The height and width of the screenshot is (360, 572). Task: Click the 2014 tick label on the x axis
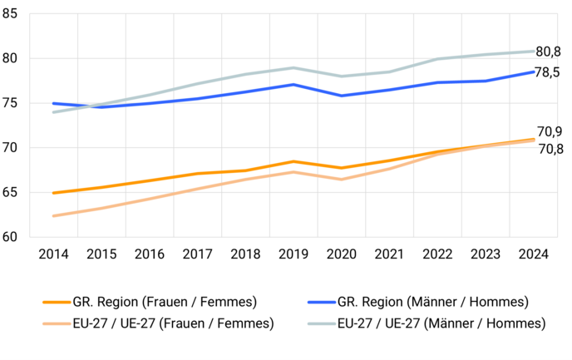(x=53, y=254)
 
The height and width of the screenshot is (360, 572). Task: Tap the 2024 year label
(x=532, y=254)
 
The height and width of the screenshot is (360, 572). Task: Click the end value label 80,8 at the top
(x=548, y=52)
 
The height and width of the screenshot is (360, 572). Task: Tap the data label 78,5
(x=548, y=72)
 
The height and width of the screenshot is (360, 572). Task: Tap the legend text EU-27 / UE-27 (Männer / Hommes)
(x=441, y=322)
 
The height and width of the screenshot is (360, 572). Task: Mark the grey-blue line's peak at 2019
(x=293, y=67)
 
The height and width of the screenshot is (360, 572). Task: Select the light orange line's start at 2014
(x=53, y=216)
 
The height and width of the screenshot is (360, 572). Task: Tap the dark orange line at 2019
(x=293, y=161)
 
